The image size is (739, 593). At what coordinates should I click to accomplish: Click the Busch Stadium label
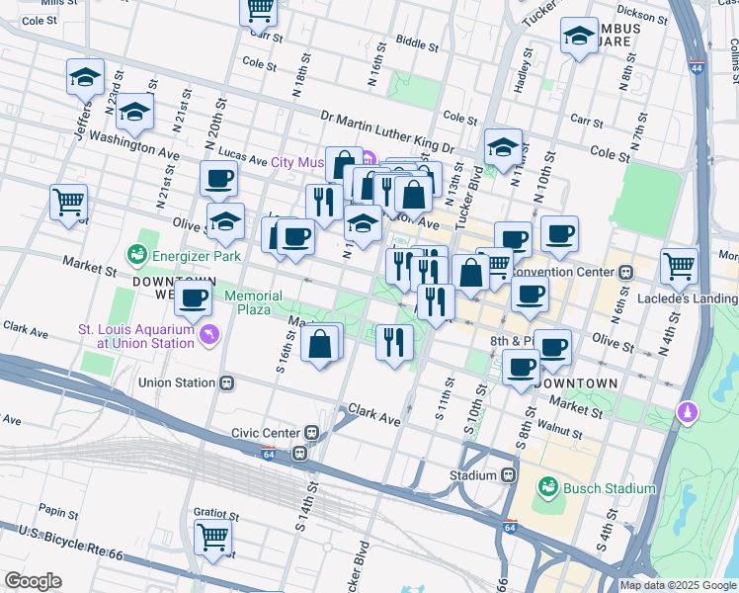coord(609,488)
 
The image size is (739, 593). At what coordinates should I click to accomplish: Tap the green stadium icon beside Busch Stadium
coord(547,487)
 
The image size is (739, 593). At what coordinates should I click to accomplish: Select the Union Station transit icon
coord(226,382)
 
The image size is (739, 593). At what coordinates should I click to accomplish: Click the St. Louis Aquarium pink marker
coord(209,337)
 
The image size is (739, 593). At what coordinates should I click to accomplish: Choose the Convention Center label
coord(570,272)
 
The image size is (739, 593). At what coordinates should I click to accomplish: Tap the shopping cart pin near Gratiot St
coord(213,538)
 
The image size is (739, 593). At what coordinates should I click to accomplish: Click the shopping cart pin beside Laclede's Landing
coord(680,264)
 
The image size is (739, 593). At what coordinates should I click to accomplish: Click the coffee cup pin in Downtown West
coord(194,297)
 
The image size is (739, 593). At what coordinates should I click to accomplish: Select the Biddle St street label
coord(416,43)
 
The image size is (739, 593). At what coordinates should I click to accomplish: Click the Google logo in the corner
coord(33,581)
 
